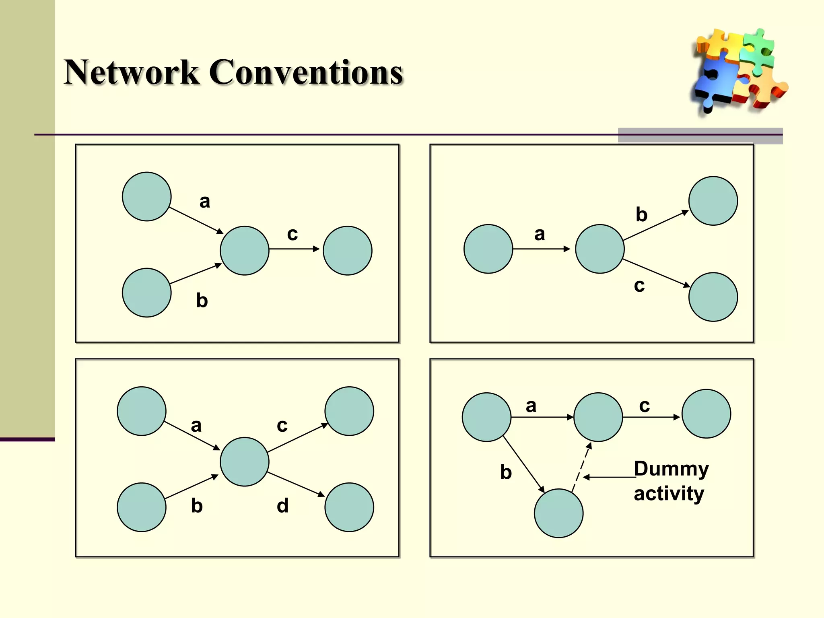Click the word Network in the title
(x=132, y=72)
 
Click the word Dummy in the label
(x=671, y=469)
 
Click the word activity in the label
(x=669, y=493)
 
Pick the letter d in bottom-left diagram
(x=282, y=506)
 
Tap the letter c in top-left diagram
(x=293, y=234)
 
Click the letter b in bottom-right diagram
(x=506, y=472)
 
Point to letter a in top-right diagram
(x=540, y=234)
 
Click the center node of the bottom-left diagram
(x=244, y=461)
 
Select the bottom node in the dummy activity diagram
(x=558, y=513)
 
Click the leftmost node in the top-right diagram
(x=488, y=249)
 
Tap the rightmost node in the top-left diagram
(x=347, y=250)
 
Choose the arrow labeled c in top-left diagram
(x=294, y=249)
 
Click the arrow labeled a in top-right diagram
(x=541, y=249)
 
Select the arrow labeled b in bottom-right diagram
(x=523, y=463)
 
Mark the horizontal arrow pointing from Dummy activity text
(x=610, y=477)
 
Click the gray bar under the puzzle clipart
(x=700, y=136)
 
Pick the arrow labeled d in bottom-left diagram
(x=296, y=484)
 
